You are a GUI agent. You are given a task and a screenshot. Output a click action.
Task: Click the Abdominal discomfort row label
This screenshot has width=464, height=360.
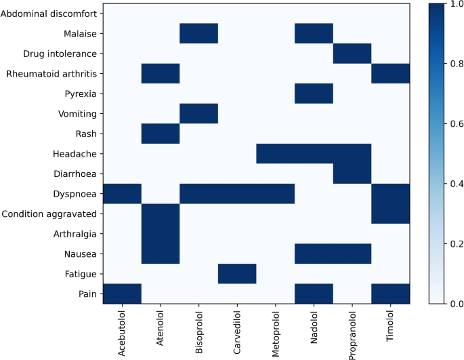tap(51, 13)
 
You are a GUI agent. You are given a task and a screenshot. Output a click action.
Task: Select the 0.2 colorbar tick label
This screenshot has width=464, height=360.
tap(448, 243)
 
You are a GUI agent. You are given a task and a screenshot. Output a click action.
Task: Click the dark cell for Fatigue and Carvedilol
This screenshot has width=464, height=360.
tap(237, 274)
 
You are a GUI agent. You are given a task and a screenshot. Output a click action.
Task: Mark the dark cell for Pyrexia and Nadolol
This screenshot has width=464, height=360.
tap(314, 93)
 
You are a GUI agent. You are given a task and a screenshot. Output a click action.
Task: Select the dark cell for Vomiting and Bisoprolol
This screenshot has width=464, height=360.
tap(198, 113)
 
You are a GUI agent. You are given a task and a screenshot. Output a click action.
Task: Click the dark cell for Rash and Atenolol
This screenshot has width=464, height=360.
tap(160, 134)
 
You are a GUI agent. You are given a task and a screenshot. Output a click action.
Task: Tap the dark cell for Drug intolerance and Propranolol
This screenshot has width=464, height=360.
tap(352, 53)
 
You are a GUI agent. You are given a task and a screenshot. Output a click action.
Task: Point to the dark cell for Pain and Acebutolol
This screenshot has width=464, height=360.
tap(122, 294)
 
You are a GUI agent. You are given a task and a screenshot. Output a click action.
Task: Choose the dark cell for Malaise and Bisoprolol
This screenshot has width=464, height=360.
tap(198, 33)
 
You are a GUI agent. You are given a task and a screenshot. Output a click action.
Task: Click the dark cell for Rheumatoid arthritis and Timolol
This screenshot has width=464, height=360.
tap(391, 73)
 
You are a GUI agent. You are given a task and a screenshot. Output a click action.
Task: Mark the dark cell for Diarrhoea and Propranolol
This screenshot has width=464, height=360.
tap(352, 174)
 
